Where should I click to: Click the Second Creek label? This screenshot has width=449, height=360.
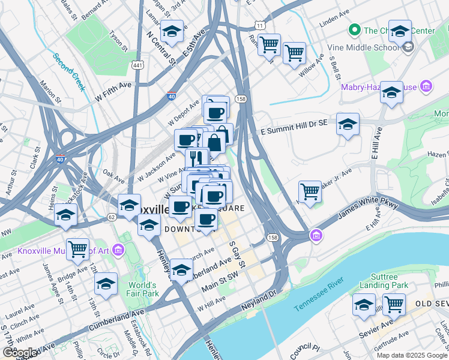pyautogui.click(x=70, y=71)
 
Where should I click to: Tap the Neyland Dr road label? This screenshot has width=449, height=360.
pyautogui.click(x=258, y=301)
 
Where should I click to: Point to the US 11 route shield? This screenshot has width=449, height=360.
pyautogui.click(x=259, y=26)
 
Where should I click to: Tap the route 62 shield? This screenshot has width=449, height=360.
pyautogui.click(x=112, y=217)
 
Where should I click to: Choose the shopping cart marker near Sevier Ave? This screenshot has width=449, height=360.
pyautogui.click(x=394, y=304)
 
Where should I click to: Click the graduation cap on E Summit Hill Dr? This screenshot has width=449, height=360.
pyautogui.click(x=348, y=124)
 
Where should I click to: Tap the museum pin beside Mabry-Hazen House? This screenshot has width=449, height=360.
pyautogui.click(x=427, y=88)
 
